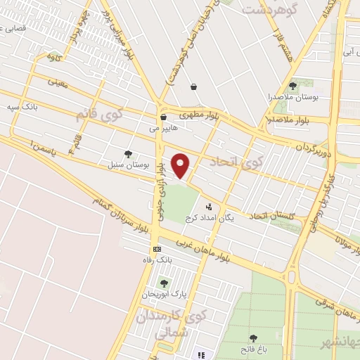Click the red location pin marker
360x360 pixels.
(x=181, y=165)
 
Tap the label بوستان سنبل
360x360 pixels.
(x=120, y=165)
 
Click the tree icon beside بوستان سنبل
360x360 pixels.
(x=127, y=154)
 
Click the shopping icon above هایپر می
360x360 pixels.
(x=163, y=117)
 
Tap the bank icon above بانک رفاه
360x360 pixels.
(x=157, y=249)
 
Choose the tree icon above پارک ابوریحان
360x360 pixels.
(x=164, y=283)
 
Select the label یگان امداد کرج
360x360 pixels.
(x=210, y=219)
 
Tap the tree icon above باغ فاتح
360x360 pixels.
(x=252, y=339)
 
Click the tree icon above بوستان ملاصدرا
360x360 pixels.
(x=292, y=86)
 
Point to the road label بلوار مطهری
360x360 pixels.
(x=198, y=113)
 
